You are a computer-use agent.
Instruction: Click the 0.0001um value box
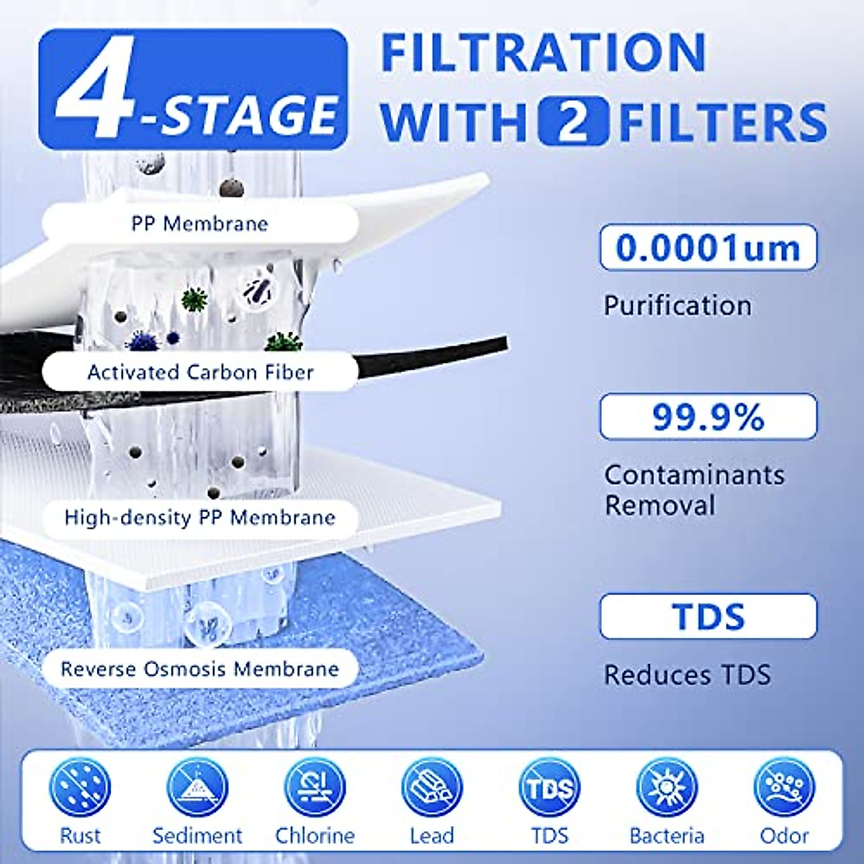[708, 248]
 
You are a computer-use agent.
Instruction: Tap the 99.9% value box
[708, 417]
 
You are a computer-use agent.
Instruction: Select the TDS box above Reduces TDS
[708, 616]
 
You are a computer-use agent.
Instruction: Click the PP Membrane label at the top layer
[199, 223]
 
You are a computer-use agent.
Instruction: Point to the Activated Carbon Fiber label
[200, 372]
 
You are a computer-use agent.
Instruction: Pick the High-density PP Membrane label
[199, 518]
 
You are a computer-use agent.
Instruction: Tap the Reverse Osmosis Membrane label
[199, 669]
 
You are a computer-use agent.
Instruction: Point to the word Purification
[678, 305]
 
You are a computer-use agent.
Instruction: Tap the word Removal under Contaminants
[660, 505]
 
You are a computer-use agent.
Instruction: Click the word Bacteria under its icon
[667, 835]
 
